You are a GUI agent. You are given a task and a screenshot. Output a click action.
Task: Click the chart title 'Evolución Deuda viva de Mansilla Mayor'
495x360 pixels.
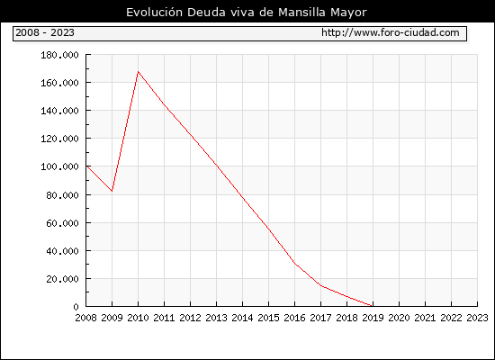(247, 13)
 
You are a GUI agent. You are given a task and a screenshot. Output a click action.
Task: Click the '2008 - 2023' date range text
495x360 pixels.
(45, 32)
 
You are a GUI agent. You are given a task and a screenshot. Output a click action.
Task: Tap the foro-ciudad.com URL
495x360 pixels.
(391, 32)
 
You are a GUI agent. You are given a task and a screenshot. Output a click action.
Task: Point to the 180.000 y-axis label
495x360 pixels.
(59, 55)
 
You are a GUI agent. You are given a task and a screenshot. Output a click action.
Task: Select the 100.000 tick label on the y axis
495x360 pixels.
(59, 166)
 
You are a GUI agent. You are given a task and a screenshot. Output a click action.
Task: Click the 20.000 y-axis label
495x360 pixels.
(62, 279)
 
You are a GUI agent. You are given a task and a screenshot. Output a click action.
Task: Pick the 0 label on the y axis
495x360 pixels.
(76, 307)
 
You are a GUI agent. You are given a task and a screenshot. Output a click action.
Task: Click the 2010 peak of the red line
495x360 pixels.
(139, 72)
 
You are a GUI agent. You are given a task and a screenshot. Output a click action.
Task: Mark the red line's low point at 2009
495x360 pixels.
(112, 191)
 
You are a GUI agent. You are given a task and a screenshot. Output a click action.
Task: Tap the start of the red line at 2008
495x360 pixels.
(86, 166)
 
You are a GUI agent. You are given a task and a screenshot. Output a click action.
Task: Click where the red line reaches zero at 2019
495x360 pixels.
(373, 306)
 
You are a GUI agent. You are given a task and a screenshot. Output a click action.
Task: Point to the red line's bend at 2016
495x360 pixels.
(295, 264)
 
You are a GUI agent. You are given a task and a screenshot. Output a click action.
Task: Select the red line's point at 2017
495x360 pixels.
(321, 285)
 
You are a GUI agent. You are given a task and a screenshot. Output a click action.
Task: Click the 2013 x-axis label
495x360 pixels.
(216, 318)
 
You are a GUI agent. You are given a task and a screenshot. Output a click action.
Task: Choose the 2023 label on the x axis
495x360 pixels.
(477, 318)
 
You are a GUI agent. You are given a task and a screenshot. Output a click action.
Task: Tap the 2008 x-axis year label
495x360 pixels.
(85, 318)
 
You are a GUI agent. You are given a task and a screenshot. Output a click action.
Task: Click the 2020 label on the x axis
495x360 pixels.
(399, 318)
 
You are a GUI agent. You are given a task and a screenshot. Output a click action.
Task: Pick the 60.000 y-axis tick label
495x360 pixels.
(62, 223)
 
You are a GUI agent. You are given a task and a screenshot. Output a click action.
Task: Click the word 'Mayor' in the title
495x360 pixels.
(348, 13)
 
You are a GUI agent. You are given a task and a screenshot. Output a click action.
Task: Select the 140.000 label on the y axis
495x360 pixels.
(59, 111)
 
